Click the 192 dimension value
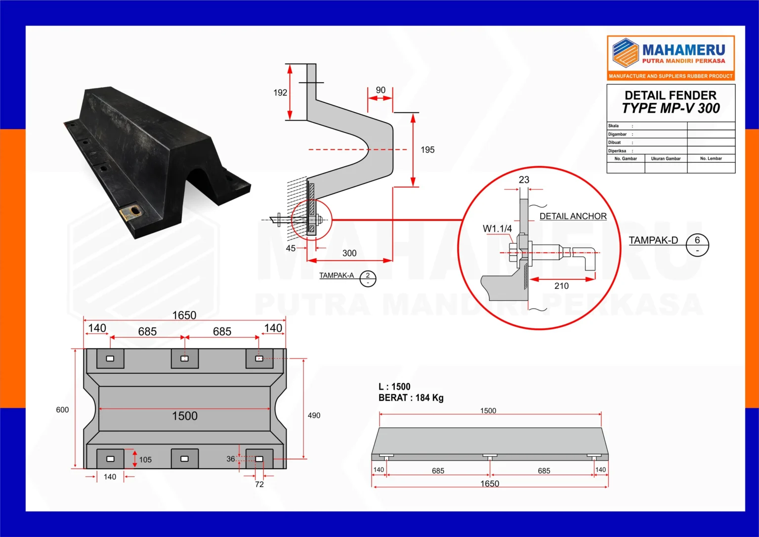click(x=280, y=92)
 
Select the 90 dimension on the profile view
click(x=380, y=90)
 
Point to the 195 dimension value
click(x=427, y=150)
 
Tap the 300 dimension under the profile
click(x=349, y=253)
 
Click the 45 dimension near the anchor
click(x=291, y=248)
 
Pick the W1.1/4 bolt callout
click(x=497, y=228)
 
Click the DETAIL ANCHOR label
click(x=573, y=216)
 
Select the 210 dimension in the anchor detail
click(x=561, y=286)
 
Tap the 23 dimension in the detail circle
click(x=524, y=180)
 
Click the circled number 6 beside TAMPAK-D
click(x=697, y=240)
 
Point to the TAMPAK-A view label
click(x=337, y=275)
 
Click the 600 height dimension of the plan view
click(x=62, y=410)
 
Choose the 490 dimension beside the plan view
click(x=314, y=415)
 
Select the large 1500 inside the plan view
click(x=185, y=416)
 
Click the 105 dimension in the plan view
click(x=145, y=460)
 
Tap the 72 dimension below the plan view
click(x=259, y=485)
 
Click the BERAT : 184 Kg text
click(x=411, y=398)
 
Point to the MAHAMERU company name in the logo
click(x=683, y=50)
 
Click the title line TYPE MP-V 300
click(x=671, y=108)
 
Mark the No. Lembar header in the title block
click(x=711, y=159)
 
